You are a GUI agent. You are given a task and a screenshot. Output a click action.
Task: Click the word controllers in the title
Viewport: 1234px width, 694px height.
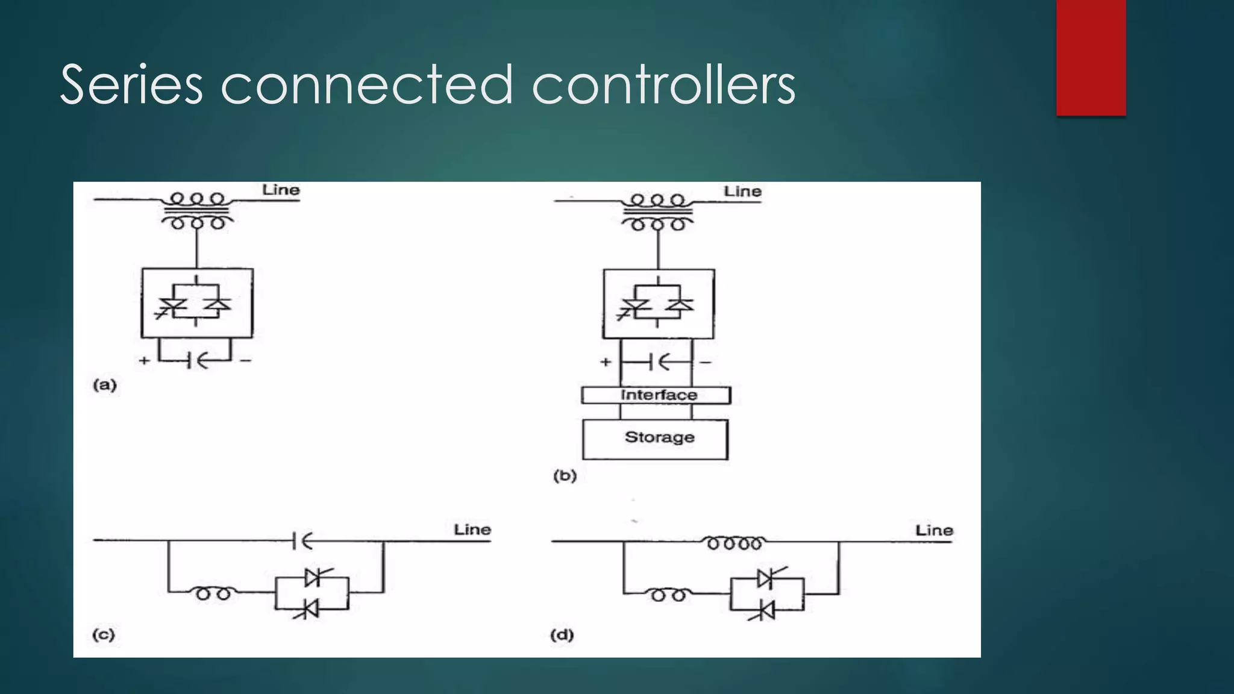[x=663, y=86]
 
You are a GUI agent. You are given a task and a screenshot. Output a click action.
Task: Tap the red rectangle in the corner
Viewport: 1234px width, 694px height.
[x=1091, y=58]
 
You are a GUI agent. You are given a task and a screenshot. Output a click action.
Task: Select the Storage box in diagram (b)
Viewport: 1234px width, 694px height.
[x=655, y=439]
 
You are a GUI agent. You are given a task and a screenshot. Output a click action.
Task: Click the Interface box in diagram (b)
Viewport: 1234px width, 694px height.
[x=656, y=395]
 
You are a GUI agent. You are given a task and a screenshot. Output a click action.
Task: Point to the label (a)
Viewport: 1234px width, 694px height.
[x=105, y=385]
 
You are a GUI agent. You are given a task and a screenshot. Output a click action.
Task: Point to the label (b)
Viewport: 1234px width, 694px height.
[x=565, y=476]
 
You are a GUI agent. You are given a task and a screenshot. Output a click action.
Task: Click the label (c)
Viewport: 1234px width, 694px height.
[x=104, y=635]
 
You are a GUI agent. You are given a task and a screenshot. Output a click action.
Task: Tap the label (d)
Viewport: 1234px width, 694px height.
[x=562, y=635]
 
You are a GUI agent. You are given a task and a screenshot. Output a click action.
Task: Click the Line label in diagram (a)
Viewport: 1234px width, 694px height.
[x=281, y=190]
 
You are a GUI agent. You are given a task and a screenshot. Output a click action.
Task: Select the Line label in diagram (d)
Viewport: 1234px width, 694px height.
[x=934, y=531]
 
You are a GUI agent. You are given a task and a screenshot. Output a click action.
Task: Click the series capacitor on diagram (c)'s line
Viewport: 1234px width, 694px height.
[x=301, y=541]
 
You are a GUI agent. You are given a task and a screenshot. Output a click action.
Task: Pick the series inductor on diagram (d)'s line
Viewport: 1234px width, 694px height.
[x=734, y=542]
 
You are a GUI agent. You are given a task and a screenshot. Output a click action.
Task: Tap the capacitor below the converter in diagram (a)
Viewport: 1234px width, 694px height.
[x=195, y=361]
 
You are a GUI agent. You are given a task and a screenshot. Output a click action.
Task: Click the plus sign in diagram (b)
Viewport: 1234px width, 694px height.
[x=606, y=362]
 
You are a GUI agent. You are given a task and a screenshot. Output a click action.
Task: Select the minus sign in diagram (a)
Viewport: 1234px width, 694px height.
[x=245, y=361]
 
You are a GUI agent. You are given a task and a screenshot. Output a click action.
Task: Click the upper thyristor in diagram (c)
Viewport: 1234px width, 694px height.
[x=313, y=577]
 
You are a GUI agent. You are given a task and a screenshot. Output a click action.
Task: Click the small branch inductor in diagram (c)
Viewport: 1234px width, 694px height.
[x=214, y=593]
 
